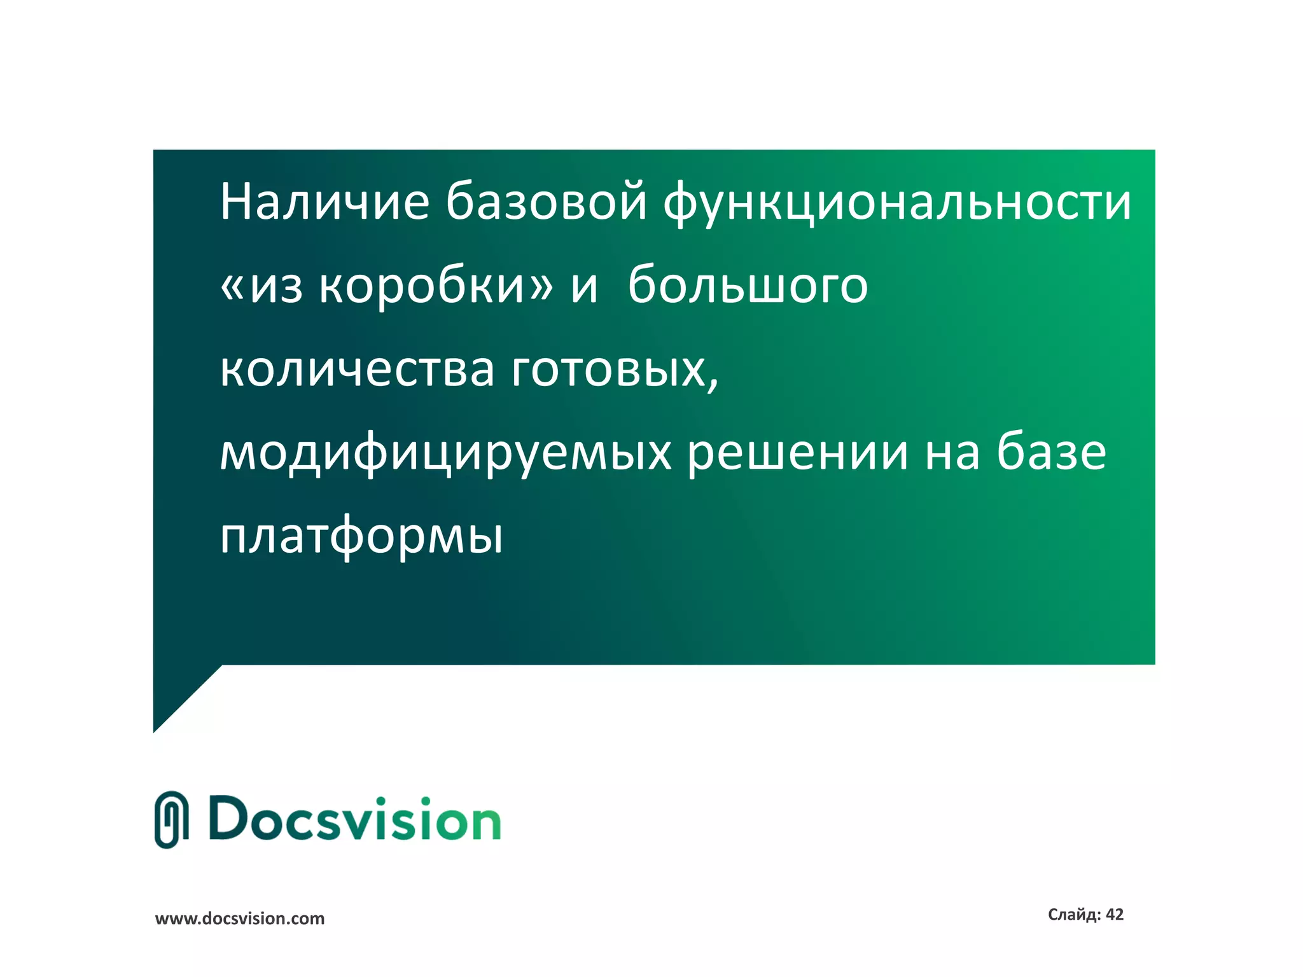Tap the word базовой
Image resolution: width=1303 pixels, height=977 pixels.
(546, 202)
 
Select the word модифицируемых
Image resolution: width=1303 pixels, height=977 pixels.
(445, 455)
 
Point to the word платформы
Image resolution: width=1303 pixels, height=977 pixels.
(361, 538)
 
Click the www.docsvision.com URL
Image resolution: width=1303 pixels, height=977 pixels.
(240, 918)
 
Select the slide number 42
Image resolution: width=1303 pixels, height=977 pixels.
(1115, 915)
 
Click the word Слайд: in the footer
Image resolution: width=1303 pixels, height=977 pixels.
(1074, 915)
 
